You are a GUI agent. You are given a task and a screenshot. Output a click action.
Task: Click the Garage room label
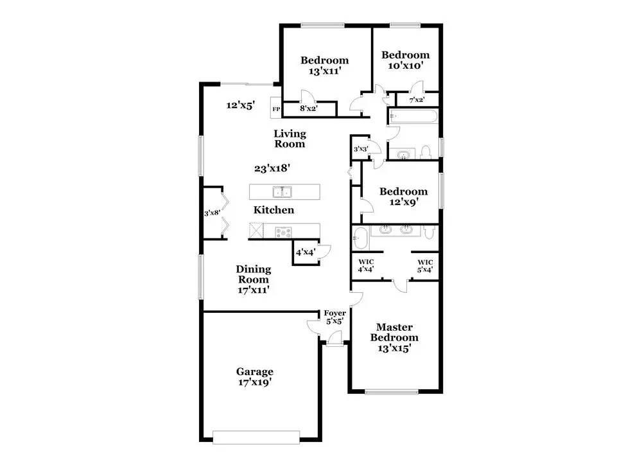click(254, 376)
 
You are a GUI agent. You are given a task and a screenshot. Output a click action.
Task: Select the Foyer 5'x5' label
click(334, 317)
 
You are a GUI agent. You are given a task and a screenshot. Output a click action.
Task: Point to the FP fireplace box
click(276, 109)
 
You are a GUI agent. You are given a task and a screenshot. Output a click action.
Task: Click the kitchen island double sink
click(282, 191)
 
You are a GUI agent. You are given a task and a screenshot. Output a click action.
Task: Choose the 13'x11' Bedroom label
click(324, 66)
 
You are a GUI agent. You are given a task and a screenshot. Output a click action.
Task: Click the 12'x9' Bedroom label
click(403, 197)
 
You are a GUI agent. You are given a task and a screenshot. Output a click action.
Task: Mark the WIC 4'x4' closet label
click(366, 265)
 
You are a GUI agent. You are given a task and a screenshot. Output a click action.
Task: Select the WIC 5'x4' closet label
click(425, 265)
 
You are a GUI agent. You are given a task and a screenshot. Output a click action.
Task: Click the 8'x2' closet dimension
click(309, 109)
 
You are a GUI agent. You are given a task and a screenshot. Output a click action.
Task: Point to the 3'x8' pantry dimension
click(212, 213)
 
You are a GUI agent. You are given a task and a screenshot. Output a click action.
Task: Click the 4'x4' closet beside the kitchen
click(304, 252)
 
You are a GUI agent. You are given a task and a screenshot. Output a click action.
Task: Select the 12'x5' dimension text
click(240, 105)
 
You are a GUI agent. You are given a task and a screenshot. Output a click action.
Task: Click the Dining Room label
click(253, 279)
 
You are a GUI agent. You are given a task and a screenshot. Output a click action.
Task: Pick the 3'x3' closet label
click(360, 150)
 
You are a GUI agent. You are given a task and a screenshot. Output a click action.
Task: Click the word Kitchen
click(273, 210)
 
